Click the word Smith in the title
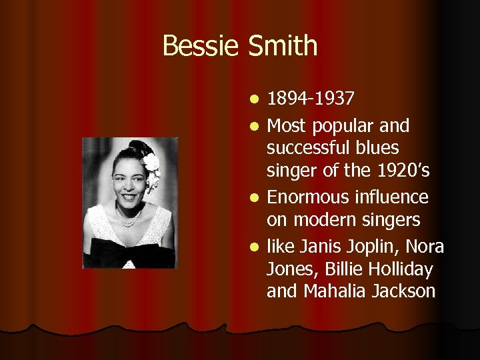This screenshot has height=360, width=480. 283,47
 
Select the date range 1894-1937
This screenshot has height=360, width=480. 311,99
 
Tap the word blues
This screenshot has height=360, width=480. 380,148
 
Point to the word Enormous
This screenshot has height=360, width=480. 306,197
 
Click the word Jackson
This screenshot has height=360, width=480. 402,291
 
